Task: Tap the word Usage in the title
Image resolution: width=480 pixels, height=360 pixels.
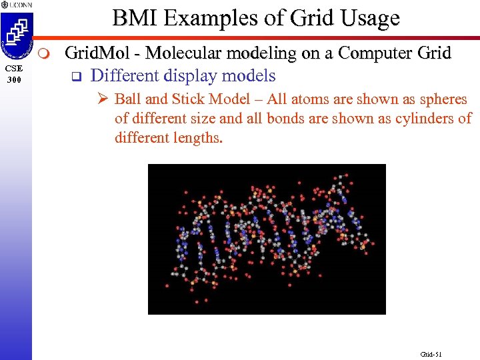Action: coord(368,18)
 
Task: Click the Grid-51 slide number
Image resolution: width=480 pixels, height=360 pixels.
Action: coord(431,354)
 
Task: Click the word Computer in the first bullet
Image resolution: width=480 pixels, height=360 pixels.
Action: coord(378,53)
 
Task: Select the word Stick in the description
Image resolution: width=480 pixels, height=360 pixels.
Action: coord(187,100)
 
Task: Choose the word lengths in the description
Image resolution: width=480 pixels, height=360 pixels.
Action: coord(200,138)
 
